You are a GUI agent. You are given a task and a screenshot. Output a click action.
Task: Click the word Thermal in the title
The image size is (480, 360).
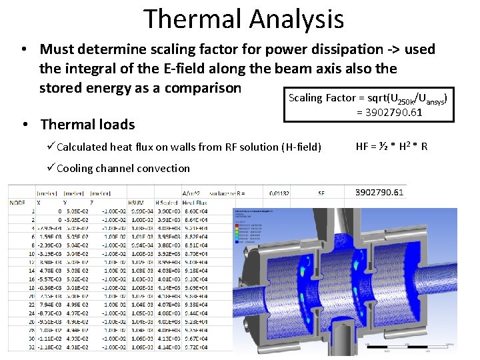pos(190,19)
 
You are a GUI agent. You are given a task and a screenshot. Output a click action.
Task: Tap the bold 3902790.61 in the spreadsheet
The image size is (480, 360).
pos(379,193)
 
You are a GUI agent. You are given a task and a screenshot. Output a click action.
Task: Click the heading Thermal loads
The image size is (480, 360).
pos(87,125)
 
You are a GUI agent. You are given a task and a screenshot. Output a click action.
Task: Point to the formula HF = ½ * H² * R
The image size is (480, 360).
pos(392,146)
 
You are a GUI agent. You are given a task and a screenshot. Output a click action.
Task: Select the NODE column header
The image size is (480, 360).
pos(18,201)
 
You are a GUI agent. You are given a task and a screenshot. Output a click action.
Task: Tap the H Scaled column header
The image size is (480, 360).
pos(167,201)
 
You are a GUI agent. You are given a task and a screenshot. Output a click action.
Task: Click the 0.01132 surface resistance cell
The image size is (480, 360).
pos(276,193)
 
